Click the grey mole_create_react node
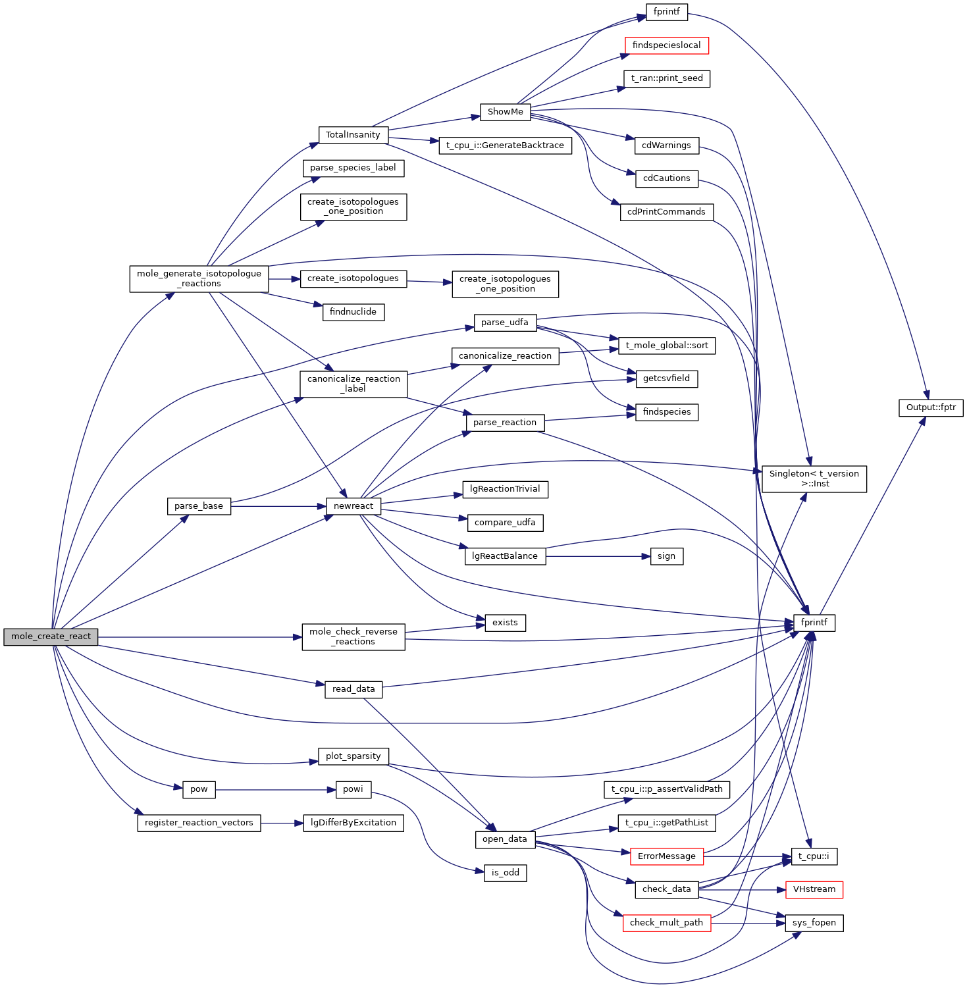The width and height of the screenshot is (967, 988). (51, 637)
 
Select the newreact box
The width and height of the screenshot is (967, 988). (353, 506)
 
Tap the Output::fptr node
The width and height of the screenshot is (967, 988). (931, 407)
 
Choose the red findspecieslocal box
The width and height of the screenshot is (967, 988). (666, 45)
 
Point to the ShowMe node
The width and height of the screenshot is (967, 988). (505, 112)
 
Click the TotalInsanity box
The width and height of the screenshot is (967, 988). (353, 135)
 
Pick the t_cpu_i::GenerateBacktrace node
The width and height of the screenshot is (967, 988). (505, 145)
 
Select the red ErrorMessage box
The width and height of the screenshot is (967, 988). (666, 856)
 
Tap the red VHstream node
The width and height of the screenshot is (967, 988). (814, 889)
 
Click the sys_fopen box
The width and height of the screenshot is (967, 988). (814, 923)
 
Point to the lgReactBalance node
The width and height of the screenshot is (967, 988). (505, 556)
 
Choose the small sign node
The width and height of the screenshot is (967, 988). (666, 556)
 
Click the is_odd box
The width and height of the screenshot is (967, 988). (505, 873)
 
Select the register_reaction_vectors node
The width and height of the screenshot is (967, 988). (199, 823)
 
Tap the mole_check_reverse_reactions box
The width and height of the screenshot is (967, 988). (353, 637)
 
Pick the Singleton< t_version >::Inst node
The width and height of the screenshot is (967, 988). (814, 479)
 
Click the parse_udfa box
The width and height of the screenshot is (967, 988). (505, 323)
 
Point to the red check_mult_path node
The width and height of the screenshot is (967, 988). (666, 923)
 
